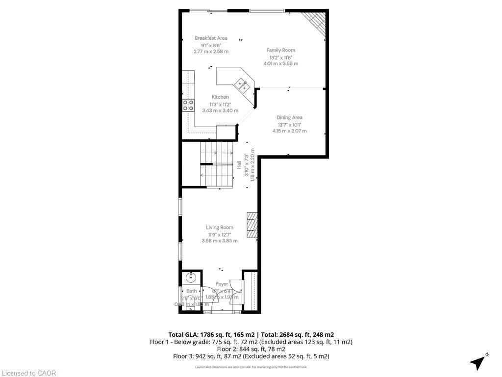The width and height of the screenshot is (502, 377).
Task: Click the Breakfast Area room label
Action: click(211, 38)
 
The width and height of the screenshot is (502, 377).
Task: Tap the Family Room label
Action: click(280, 50)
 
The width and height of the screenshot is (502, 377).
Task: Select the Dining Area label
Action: click(289, 117)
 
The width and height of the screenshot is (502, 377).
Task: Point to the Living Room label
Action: click(219, 227)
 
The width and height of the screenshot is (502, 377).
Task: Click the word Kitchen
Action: click(220, 97)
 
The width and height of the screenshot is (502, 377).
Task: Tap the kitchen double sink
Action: click(242, 85)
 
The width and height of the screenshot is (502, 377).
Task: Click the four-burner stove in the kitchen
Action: click(188, 105)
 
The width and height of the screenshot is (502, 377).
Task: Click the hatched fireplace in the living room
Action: click(252, 225)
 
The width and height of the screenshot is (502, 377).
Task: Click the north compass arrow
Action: click(477, 362)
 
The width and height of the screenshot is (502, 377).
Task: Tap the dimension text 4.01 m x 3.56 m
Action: click(280, 63)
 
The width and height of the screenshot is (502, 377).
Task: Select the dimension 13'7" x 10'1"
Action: click(289, 124)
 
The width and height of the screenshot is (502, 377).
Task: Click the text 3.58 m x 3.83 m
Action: click(219, 241)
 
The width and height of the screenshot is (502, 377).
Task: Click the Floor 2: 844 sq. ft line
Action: click(251, 349)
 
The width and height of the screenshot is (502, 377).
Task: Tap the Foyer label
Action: click(222, 284)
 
